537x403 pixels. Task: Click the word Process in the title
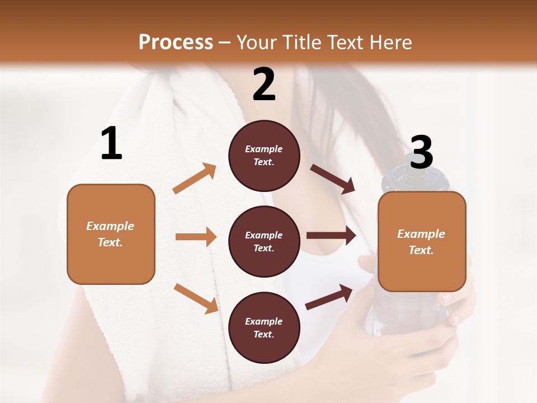pyautogui.click(x=176, y=43)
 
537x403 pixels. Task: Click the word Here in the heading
pyautogui.click(x=390, y=43)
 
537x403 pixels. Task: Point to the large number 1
pyautogui.click(x=111, y=144)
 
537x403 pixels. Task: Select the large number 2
pyautogui.click(x=264, y=84)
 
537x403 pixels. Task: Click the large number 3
pyautogui.click(x=421, y=152)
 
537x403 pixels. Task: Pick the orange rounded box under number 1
pyautogui.click(x=111, y=234)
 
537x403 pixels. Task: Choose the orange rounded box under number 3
pyautogui.click(x=422, y=242)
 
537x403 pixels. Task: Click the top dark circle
pyautogui.click(x=264, y=156)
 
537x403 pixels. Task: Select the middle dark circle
pyautogui.click(x=264, y=241)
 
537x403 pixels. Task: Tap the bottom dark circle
pyautogui.click(x=264, y=327)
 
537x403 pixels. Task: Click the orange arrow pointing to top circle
pyautogui.click(x=195, y=178)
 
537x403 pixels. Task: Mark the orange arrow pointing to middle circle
pyautogui.click(x=196, y=237)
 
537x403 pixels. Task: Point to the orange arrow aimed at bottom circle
pyautogui.click(x=196, y=298)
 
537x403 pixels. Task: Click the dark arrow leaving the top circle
pyautogui.click(x=333, y=179)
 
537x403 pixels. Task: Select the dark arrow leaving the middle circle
pyautogui.click(x=331, y=235)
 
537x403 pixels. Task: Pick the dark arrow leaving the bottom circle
pyautogui.click(x=329, y=297)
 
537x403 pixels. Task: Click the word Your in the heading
pyautogui.click(x=255, y=43)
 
